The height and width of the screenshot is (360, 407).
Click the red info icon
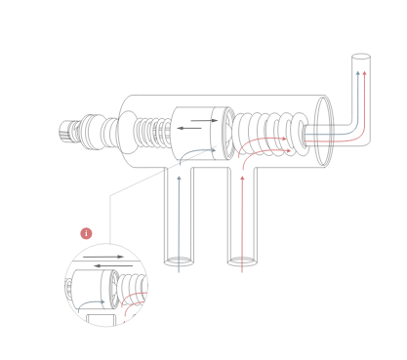86,233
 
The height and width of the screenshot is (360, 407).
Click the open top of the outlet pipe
360,59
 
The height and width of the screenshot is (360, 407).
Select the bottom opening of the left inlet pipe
179,261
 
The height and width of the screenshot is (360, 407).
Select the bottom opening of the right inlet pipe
242,261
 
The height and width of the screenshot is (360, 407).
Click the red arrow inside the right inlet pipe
242,215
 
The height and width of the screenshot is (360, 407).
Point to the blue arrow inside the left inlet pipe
179,215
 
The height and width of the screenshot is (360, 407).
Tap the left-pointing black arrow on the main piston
191,129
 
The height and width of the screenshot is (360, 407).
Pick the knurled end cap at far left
69,131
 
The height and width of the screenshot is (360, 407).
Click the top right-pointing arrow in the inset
102,258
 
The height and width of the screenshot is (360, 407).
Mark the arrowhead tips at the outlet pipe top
361,72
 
